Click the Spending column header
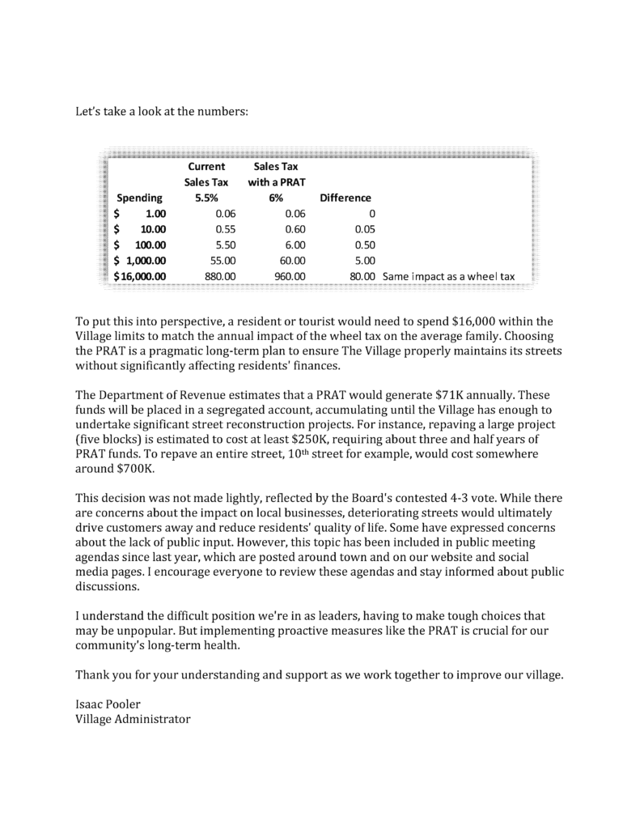(140, 198)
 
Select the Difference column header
(345, 198)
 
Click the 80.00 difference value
(363, 276)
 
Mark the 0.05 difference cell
(366, 229)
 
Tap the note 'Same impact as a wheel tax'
(448, 276)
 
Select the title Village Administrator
(133, 718)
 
